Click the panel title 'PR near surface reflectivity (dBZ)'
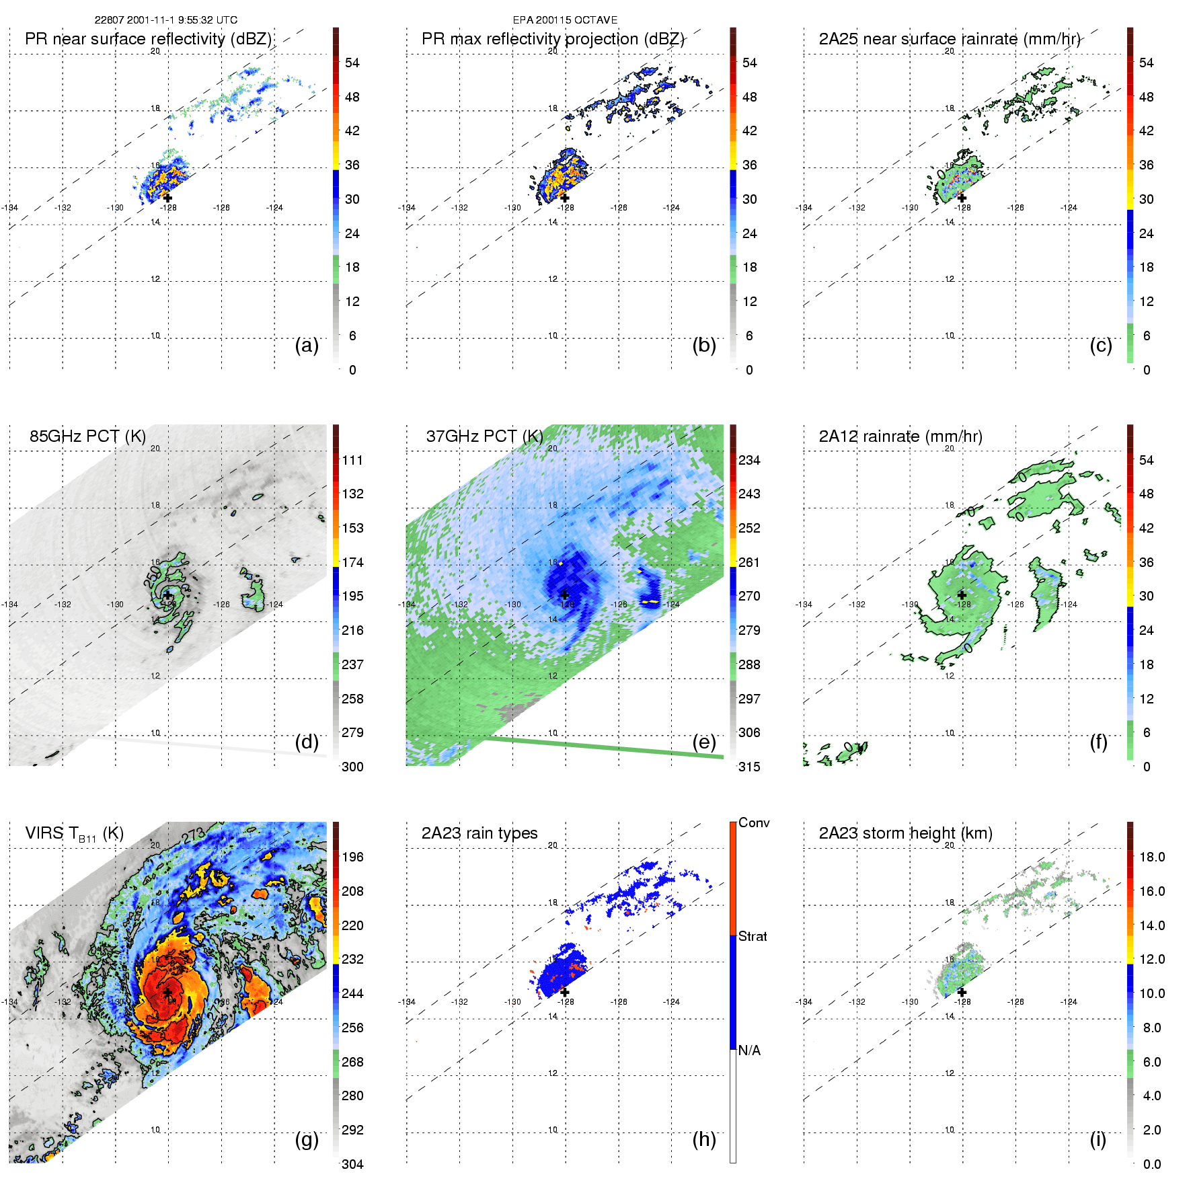coord(148,39)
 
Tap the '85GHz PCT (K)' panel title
coord(87,436)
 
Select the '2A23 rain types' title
coord(479,833)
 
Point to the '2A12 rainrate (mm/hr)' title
coord(900,436)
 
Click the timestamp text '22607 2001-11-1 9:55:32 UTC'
coord(165,20)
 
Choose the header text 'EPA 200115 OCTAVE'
coord(565,20)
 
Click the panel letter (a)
coord(307,346)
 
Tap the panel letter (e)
coord(703,742)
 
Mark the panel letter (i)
coord(1098,1139)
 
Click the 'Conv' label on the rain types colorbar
coord(754,822)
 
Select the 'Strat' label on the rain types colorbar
coord(753,936)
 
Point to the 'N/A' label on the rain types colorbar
coord(749,1050)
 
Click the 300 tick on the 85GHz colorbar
coord(352,767)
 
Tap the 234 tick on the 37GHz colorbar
coord(749,460)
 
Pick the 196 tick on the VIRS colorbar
coord(352,857)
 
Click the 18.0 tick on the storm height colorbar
coord(1151,857)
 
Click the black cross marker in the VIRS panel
coord(167,993)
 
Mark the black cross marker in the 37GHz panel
coord(565,595)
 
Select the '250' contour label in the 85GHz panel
coord(152,576)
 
